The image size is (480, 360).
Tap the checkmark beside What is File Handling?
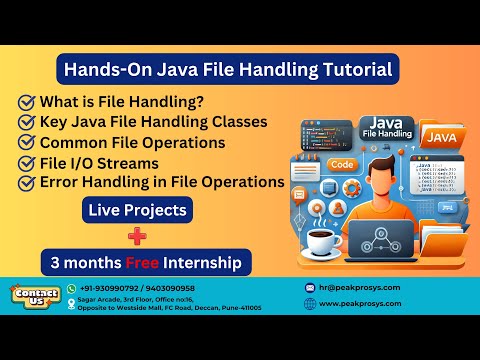click(27, 102)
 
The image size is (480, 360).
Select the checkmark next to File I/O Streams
click(27, 162)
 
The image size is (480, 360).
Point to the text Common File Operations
click(132, 142)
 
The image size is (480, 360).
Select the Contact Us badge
click(35, 296)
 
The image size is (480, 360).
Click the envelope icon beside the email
click(309, 287)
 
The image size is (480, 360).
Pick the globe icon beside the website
click(309, 303)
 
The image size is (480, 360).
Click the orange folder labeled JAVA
click(440, 135)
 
